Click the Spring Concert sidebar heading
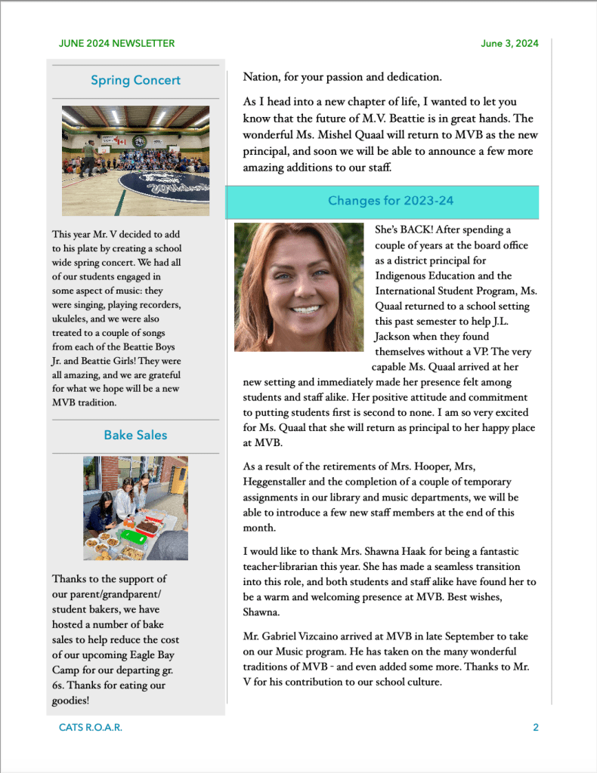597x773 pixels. tap(135, 80)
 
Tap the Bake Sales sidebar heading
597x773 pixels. tap(135, 435)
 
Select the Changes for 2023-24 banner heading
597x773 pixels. tap(390, 201)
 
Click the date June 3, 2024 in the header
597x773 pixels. tap(509, 43)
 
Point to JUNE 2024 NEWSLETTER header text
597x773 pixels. tap(116, 43)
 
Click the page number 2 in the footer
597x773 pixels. tap(536, 728)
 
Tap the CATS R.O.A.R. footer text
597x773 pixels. tap(91, 728)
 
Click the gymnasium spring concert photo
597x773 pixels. tap(135, 160)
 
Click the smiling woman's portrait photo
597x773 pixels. tap(299, 287)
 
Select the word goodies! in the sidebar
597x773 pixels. tap(71, 700)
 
